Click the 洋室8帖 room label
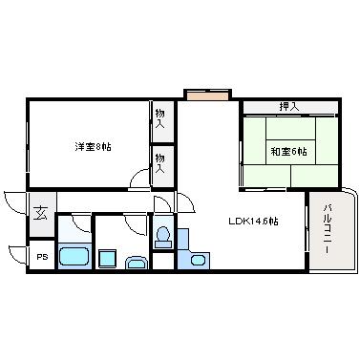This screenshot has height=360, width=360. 93,147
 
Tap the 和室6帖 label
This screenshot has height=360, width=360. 288,151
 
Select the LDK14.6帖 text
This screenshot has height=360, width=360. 253,221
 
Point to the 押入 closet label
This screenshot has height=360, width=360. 289,107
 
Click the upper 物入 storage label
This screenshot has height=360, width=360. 159,118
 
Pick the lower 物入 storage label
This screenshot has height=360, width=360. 159,163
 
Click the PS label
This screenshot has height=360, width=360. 42,257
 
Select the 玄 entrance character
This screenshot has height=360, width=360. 41,213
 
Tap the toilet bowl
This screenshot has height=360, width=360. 163,237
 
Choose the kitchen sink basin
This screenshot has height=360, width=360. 199,260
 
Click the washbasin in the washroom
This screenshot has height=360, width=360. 137,264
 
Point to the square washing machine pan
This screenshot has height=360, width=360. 107,259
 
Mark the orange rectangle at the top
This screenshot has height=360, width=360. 207,95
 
